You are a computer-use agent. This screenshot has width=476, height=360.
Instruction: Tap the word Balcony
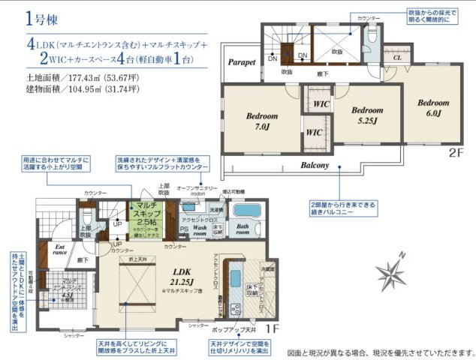coord(315,164)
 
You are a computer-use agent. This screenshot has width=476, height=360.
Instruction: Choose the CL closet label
coord(397,55)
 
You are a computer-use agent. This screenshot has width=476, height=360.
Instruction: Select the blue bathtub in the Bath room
coord(246,211)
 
